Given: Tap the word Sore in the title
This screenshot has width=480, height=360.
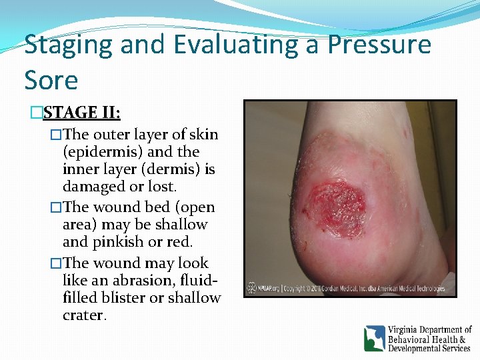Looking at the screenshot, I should point(51,80).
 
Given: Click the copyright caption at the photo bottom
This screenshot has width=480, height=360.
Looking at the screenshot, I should point(350,289).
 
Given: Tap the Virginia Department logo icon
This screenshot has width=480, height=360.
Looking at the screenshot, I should point(374,338).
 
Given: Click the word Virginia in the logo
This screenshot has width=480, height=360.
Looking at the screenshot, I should point(407,330).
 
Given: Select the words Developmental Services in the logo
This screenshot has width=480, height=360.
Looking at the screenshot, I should point(429,349).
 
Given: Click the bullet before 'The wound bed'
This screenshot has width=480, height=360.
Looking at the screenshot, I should point(56,207).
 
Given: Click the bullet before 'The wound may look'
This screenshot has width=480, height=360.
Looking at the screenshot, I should point(56,263).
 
